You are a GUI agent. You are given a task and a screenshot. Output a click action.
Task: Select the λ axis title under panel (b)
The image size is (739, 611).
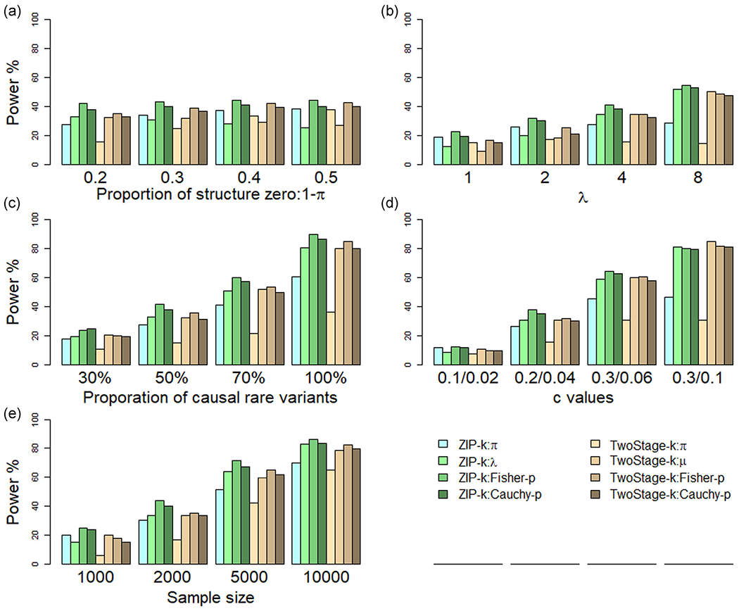click(x=581, y=199)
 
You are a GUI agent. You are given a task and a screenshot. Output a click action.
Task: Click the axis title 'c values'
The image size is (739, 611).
click(x=581, y=398)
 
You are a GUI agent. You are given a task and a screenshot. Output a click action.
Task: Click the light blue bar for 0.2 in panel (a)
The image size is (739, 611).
click(x=66, y=144)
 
